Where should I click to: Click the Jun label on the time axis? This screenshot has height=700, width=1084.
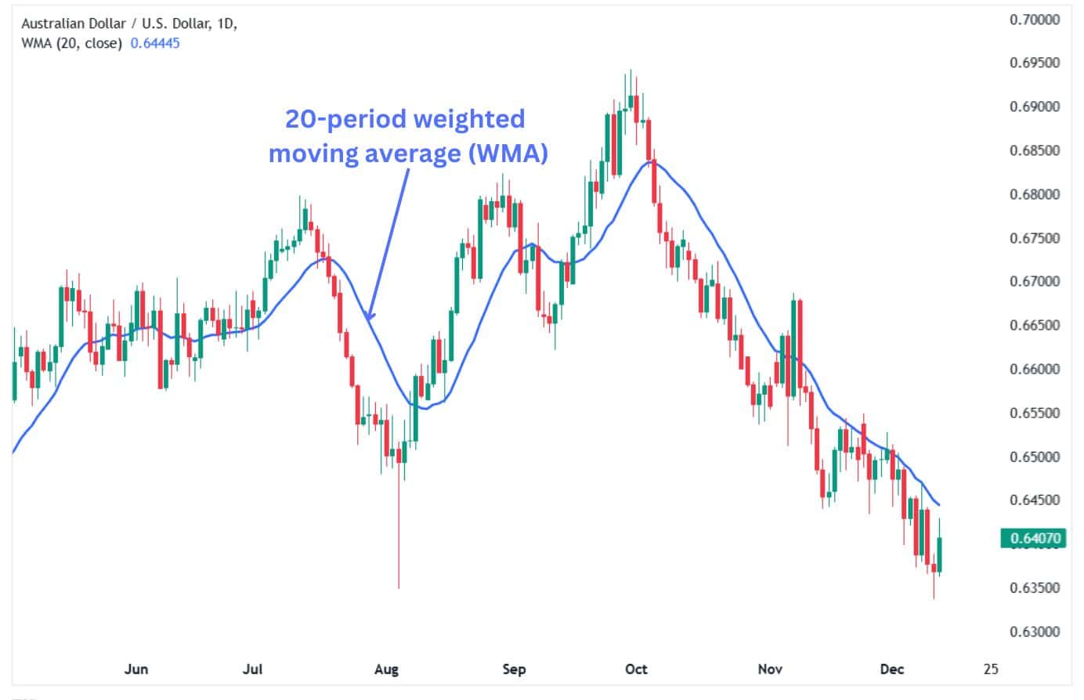[136, 669]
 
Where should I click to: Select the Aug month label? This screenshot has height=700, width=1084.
[386, 669]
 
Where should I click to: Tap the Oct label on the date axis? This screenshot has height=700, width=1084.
[637, 669]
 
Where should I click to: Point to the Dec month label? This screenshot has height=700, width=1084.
[891, 669]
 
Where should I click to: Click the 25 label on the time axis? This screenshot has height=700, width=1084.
[991, 669]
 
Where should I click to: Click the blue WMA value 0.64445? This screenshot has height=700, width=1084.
[155, 44]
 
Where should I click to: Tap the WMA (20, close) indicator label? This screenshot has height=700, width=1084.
[71, 44]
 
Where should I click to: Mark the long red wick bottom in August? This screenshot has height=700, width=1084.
[399, 586]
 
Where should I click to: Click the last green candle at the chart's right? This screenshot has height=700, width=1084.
[940, 554]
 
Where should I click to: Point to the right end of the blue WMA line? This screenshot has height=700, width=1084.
[939, 505]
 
